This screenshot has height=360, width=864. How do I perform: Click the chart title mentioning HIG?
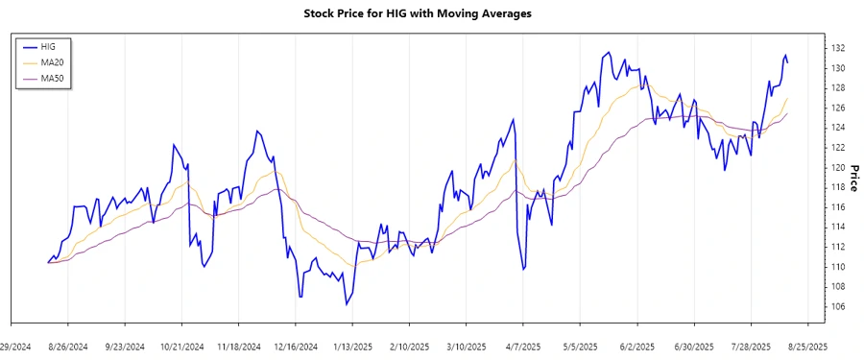[x=431, y=13]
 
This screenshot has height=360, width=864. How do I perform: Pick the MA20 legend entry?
[x=65, y=62]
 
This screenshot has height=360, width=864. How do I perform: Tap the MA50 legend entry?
[x=65, y=78]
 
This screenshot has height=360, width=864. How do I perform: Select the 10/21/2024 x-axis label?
[x=181, y=346]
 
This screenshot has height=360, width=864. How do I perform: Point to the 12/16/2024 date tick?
[x=294, y=346]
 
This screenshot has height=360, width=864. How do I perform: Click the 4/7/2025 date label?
[x=521, y=346]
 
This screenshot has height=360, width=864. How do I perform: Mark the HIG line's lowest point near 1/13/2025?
[x=346, y=304]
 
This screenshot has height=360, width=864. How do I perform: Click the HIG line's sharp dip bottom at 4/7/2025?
[x=522, y=270]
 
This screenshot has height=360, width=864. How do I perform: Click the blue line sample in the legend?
[x=31, y=46]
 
